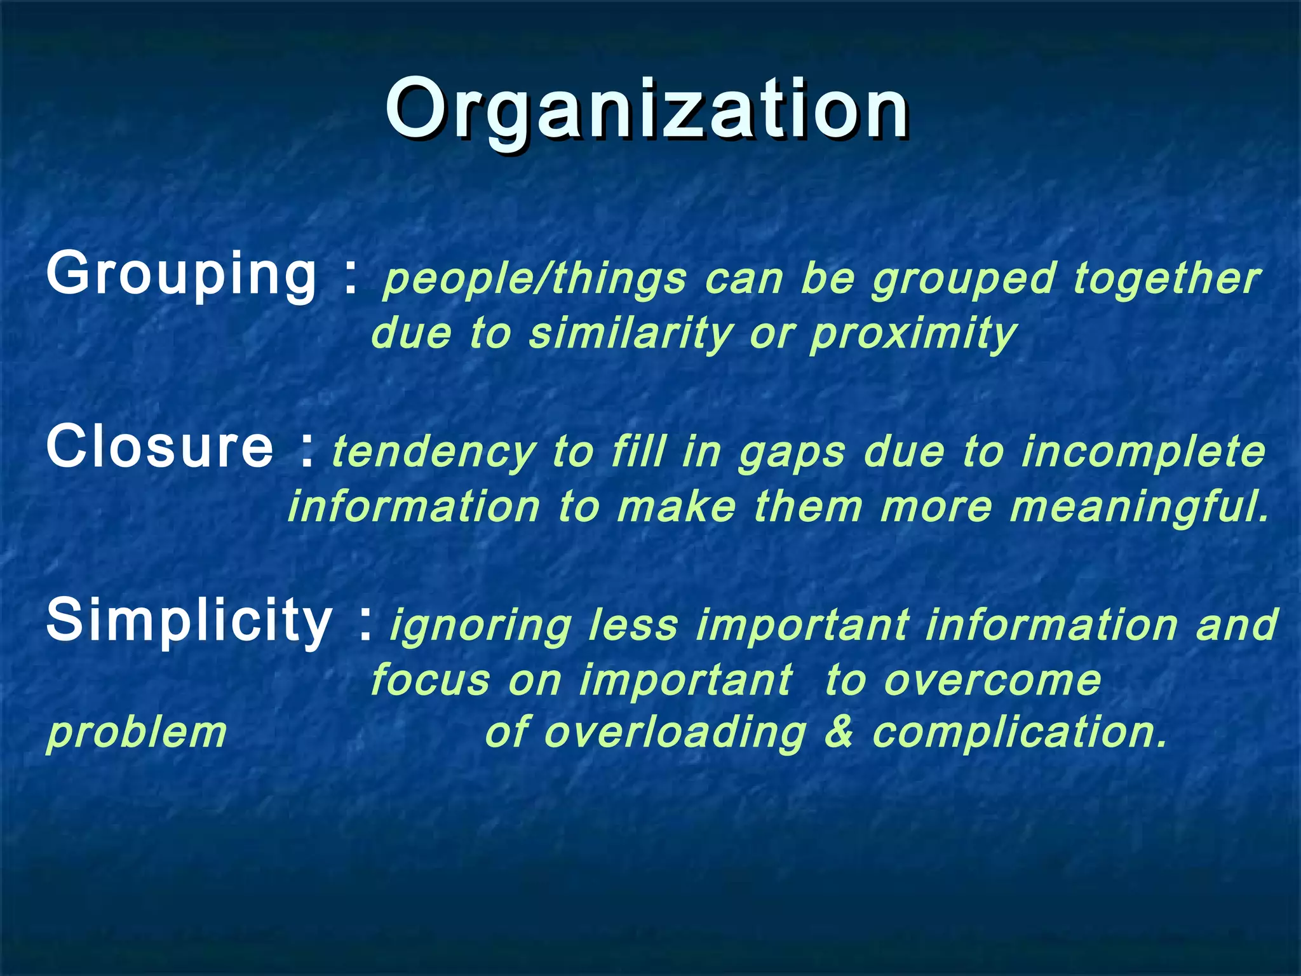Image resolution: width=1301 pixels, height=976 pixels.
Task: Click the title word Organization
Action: coord(647,109)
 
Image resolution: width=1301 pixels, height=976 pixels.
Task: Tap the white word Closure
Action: coord(159,447)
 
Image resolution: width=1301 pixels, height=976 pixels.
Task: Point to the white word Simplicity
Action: coord(189,620)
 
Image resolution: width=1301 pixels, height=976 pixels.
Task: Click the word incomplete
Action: coord(1143,452)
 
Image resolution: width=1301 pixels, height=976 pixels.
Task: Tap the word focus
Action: coord(430,680)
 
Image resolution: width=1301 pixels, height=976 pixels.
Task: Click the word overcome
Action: coord(992,680)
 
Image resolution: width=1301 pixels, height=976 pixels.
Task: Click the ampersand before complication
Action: coord(839,732)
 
